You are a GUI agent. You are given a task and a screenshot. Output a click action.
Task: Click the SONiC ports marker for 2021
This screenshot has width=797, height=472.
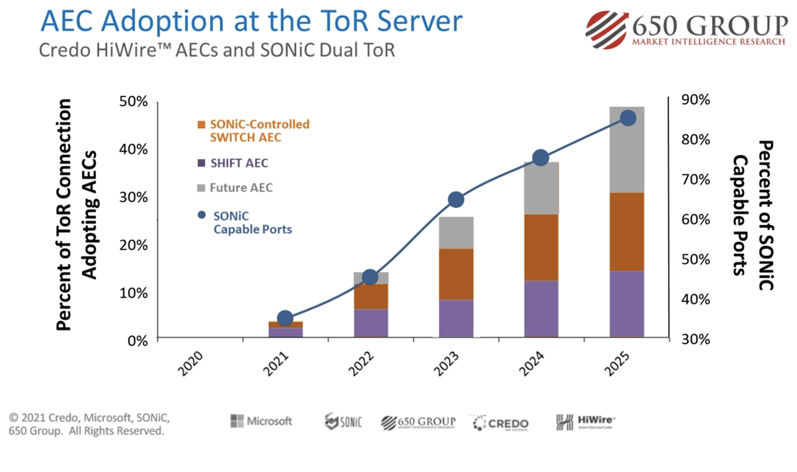tap(285, 318)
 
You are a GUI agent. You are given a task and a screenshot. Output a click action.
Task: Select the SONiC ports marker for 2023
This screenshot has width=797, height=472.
tap(456, 200)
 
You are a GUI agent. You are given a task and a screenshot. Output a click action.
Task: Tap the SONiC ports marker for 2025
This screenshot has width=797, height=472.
tap(628, 118)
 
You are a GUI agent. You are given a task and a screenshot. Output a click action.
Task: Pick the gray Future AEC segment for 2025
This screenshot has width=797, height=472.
tap(627, 150)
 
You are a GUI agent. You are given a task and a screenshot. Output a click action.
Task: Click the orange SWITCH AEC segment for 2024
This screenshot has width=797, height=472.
tap(541, 247)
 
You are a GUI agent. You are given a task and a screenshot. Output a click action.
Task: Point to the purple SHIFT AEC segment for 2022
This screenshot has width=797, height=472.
tap(371, 323)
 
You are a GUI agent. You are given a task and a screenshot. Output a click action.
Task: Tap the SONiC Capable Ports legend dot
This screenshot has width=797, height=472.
tap(202, 215)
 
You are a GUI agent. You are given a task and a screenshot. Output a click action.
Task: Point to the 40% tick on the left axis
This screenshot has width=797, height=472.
tap(133, 149)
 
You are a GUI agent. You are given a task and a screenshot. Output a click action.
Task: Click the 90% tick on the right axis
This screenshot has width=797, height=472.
tap(695, 100)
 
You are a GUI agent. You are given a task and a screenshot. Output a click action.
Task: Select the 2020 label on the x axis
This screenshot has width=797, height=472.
tap(190, 363)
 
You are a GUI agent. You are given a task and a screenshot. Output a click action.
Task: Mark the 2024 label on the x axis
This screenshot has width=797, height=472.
tap(531, 363)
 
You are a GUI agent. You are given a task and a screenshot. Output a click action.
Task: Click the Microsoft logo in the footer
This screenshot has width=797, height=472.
tap(261, 421)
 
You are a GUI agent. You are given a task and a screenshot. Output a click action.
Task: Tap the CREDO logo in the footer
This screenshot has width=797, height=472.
tap(501, 424)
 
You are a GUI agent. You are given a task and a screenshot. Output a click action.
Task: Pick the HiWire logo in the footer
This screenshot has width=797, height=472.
tap(586, 422)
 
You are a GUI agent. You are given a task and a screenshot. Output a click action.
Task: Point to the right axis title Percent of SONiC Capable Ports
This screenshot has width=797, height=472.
tap(753, 215)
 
